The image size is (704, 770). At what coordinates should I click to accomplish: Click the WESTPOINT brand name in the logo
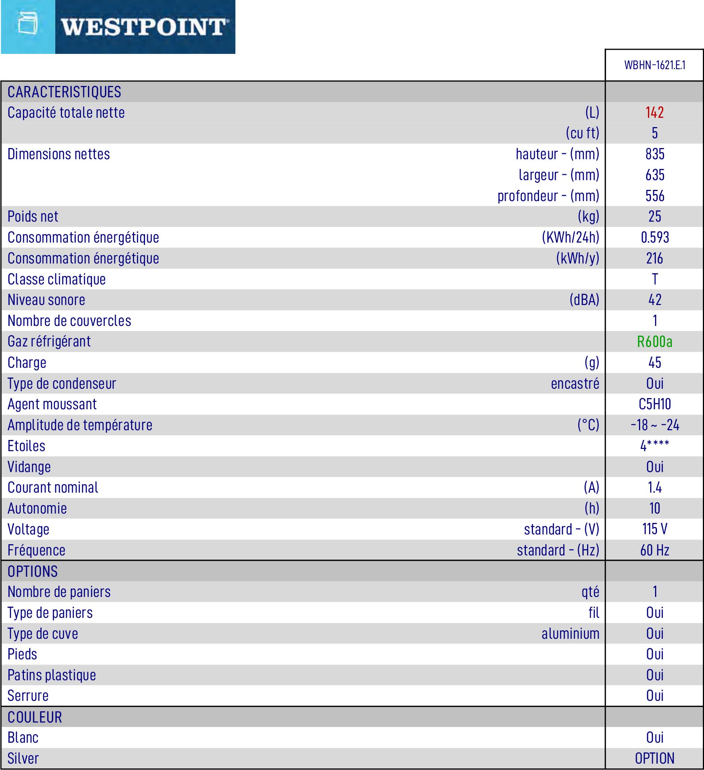[x=144, y=27]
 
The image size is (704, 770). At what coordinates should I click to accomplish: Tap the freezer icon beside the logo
[x=28, y=24]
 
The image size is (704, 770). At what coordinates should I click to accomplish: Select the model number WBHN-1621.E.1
[x=654, y=65]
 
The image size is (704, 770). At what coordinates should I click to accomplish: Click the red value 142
[x=654, y=113]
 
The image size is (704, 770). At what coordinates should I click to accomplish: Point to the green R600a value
[x=654, y=342]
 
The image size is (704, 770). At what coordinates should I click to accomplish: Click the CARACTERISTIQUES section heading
[x=64, y=92]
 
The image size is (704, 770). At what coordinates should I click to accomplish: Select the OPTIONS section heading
[x=32, y=572]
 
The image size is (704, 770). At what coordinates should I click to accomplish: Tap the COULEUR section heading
[x=35, y=717]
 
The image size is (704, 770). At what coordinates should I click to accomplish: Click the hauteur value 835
[x=655, y=154]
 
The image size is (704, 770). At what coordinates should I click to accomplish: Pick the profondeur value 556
[x=655, y=196]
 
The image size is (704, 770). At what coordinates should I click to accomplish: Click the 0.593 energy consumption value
[x=655, y=238]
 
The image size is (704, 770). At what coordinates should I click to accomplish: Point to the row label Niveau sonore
[x=46, y=300]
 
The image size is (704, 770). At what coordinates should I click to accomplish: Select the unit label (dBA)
[x=584, y=300]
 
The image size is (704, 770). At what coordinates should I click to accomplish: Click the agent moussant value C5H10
[x=655, y=404]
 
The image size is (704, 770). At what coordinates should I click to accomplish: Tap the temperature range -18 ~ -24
[x=655, y=425]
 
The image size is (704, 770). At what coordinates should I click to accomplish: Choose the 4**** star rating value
[x=655, y=446]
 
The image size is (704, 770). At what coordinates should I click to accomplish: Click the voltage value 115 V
[x=655, y=529]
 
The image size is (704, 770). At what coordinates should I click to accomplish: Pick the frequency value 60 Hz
[x=655, y=550]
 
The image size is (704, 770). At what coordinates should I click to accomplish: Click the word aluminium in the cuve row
[x=570, y=634]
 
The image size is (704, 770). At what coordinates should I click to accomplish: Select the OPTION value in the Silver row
[x=655, y=758]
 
